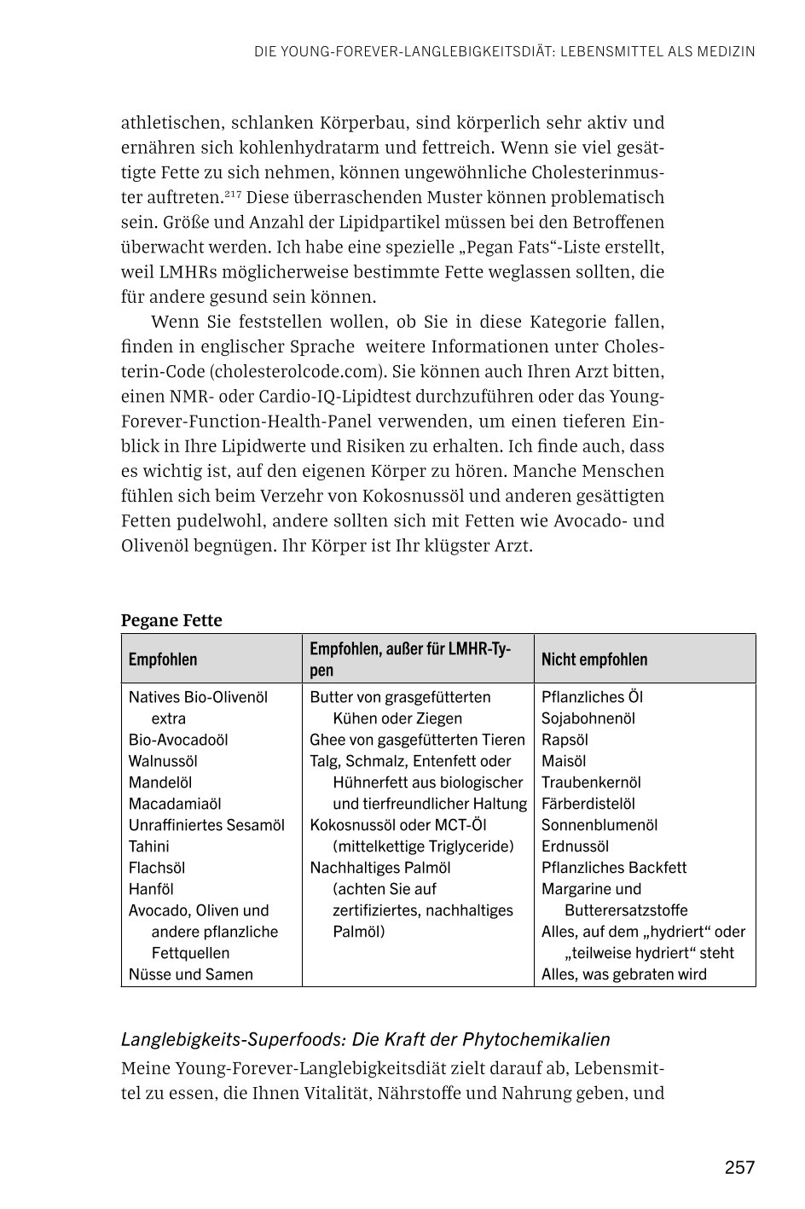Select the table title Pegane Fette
171,620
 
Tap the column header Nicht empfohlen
594,660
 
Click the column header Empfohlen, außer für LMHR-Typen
410,660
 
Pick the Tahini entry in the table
149,846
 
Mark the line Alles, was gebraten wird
623,974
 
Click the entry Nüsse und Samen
190,974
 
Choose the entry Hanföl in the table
151,889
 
